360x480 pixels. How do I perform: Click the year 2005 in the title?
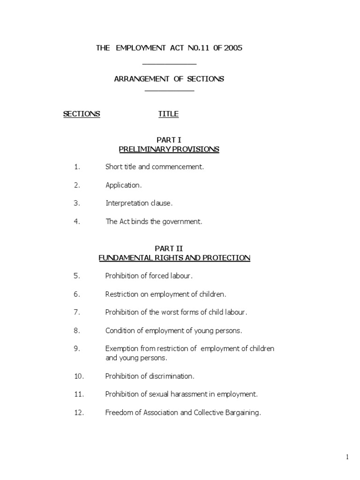click(x=233, y=48)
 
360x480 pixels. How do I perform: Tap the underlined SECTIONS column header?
click(x=82, y=114)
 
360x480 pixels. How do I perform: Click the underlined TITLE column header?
click(x=168, y=114)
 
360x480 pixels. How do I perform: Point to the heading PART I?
click(x=169, y=140)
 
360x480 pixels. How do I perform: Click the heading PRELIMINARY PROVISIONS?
click(x=169, y=149)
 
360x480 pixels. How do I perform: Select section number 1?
click(x=77, y=167)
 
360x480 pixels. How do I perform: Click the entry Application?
click(x=123, y=185)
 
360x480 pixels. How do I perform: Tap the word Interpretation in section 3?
click(x=127, y=203)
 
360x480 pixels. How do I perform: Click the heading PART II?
click(x=169, y=248)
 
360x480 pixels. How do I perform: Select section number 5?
click(x=77, y=276)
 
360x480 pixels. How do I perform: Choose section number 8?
click(x=77, y=330)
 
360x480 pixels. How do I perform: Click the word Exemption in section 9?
click(x=122, y=349)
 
